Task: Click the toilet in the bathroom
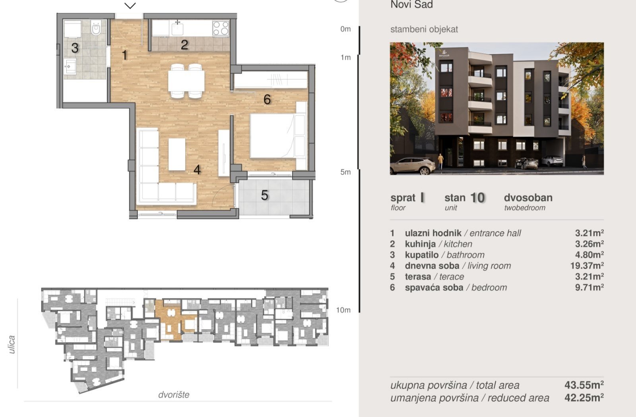(x=96, y=27)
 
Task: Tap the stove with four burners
(x=221, y=28)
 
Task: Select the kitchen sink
(x=177, y=29)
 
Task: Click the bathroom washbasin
(x=70, y=66)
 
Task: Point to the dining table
(x=186, y=81)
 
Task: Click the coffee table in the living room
(x=176, y=154)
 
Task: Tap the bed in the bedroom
(x=272, y=135)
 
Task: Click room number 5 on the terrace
(x=265, y=195)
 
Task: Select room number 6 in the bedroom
(x=267, y=99)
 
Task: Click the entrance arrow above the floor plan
(x=130, y=6)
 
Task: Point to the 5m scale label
(x=345, y=172)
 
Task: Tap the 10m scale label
(x=343, y=310)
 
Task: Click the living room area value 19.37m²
(x=587, y=266)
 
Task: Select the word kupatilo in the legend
(x=422, y=255)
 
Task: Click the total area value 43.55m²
(x=584, y=385)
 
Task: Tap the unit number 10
(x=477, y=198)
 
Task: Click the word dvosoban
(x=528, y=197)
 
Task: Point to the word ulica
(x=12, y=344)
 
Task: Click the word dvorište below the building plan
(x=174, y=395)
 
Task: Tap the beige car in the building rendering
(x=413, y=166)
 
